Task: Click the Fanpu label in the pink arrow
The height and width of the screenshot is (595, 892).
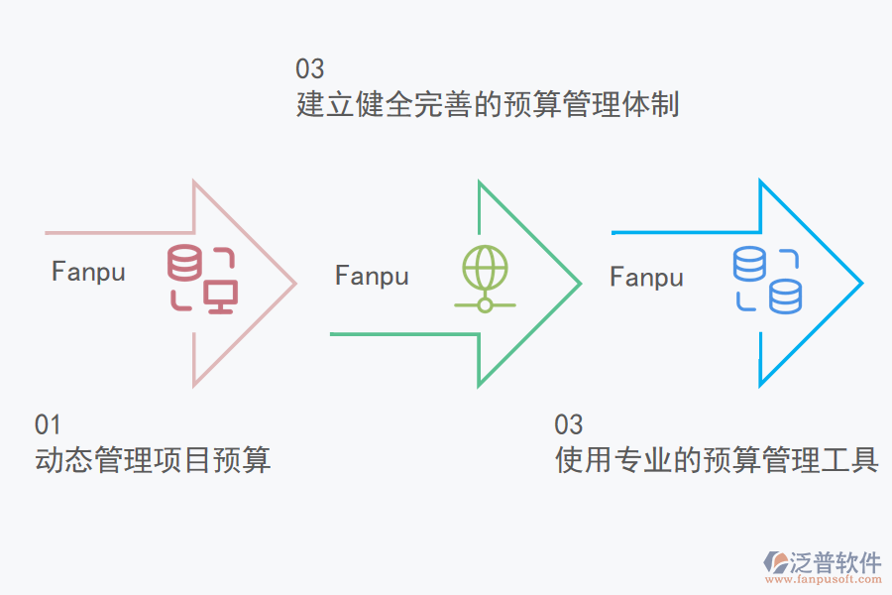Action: [x=88, y=272]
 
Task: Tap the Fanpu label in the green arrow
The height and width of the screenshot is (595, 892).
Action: [x=372, y=276]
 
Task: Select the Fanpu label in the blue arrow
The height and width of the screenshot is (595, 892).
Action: [x=646, y=277]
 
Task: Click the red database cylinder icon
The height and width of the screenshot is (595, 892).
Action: [x=183, y=263]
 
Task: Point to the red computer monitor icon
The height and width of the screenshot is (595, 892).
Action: [x=219, y=296]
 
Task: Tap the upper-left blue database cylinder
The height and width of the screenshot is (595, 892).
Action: [x=749, y=264]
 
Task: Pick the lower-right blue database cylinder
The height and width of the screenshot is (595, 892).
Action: [x=786, y=296]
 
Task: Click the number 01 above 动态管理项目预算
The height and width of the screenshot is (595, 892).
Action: [x=48, y=425]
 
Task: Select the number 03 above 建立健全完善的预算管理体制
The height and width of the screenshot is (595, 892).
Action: [x=309, y=69]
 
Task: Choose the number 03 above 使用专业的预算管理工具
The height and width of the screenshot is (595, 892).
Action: [x=568, y=425]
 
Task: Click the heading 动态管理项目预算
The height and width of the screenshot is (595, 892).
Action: [x=153, y=460]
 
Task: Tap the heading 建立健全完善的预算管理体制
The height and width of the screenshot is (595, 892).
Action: [x=488, y=104]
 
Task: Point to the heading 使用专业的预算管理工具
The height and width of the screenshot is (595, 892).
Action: [x=717, y=460]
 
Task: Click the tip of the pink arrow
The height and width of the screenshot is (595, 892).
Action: [x=295, y=283]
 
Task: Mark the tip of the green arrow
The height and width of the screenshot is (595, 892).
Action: [x=580, y=283]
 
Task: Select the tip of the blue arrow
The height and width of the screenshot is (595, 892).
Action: [x=861, y=283]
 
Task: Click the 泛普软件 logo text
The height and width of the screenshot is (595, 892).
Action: [x=835, y=563]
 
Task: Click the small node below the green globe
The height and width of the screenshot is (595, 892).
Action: [x=485, y=304]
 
